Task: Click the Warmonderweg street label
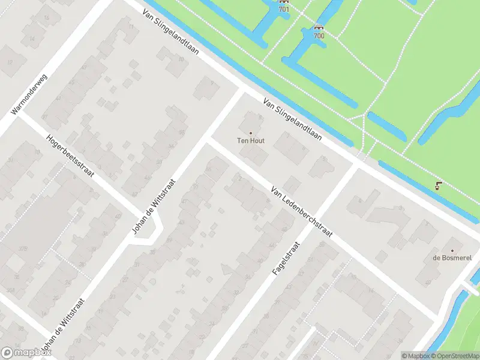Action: click(29, 94)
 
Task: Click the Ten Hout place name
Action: click(251, 141)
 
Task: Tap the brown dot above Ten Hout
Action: click(251, 133)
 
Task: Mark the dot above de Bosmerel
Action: click(452, 251)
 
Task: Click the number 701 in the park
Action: click(284, 9)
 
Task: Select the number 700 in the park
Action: click(319, 35)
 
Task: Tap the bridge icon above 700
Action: click(319, 27)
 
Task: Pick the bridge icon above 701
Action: click(284, 2)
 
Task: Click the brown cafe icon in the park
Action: click(439, 185)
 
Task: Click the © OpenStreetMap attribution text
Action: click(455, 356)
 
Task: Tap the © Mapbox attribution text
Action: click(415, 356)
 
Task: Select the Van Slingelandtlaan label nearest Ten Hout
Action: click(292, 119)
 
